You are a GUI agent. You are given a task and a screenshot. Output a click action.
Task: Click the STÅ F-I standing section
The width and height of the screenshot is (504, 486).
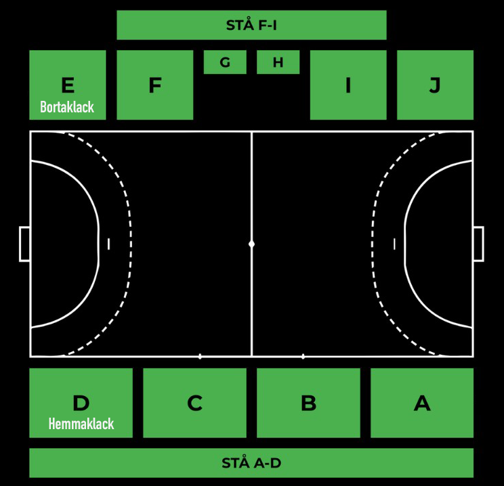(x=251, y=25)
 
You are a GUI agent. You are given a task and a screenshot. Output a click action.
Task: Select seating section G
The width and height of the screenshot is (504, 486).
(x=225, y=62)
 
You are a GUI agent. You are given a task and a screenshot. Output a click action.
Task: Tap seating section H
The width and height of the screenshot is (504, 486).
(x=278, y=62)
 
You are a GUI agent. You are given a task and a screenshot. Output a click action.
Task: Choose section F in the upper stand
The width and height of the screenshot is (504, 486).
(x=155, y=85)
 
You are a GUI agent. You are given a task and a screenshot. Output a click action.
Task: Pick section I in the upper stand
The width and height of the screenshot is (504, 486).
(x=348, y=85)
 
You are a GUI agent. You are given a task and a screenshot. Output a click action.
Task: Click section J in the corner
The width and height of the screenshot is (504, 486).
(x=435, y=85)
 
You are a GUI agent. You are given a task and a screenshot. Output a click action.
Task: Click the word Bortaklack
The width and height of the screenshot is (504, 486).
(x=67, y=107)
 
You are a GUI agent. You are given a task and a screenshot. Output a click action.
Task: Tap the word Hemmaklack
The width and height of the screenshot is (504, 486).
(x=81, y=424)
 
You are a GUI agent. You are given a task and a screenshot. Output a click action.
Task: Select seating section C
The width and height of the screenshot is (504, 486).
(x=195, y=403)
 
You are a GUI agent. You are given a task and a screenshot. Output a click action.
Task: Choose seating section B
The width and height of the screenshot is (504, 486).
(x=309, y=403)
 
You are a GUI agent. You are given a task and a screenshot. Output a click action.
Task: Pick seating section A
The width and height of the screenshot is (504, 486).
(x=422, y=403)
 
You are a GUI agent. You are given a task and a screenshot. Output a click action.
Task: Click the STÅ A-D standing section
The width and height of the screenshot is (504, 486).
(x=251, y=463)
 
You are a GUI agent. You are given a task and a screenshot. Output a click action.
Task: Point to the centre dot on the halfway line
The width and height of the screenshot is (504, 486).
(x=252, y=244)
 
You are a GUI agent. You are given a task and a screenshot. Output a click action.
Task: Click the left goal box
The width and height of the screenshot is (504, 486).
(x=20, y=244)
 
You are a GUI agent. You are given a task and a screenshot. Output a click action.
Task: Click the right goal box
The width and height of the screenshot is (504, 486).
(x=483, y=244)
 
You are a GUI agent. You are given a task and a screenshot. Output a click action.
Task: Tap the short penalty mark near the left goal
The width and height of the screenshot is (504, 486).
(x=108, y=244)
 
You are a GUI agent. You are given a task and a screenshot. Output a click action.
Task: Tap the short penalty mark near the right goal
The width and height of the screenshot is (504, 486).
(x=394, y=244)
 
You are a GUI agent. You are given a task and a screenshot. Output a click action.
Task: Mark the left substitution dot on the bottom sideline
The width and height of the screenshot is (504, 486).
(x=200, y=356)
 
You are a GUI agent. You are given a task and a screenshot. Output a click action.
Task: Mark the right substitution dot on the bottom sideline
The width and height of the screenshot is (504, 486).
(x=303, y=356)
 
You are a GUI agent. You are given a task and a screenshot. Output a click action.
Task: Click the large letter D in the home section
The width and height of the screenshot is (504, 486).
(x=81, y=403)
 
